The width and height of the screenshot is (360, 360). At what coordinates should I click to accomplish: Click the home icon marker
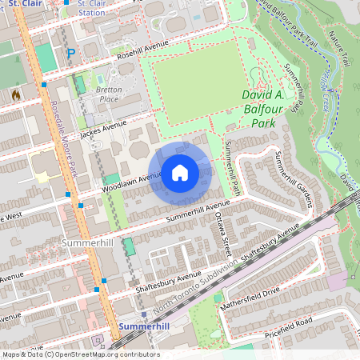[x=180, y=173]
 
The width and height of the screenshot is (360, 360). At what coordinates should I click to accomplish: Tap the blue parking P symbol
[x=70, y=54]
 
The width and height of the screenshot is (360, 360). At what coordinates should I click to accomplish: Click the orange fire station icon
[x=16, y=94]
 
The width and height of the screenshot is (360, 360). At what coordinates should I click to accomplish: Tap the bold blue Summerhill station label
[x=145, y=328]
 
